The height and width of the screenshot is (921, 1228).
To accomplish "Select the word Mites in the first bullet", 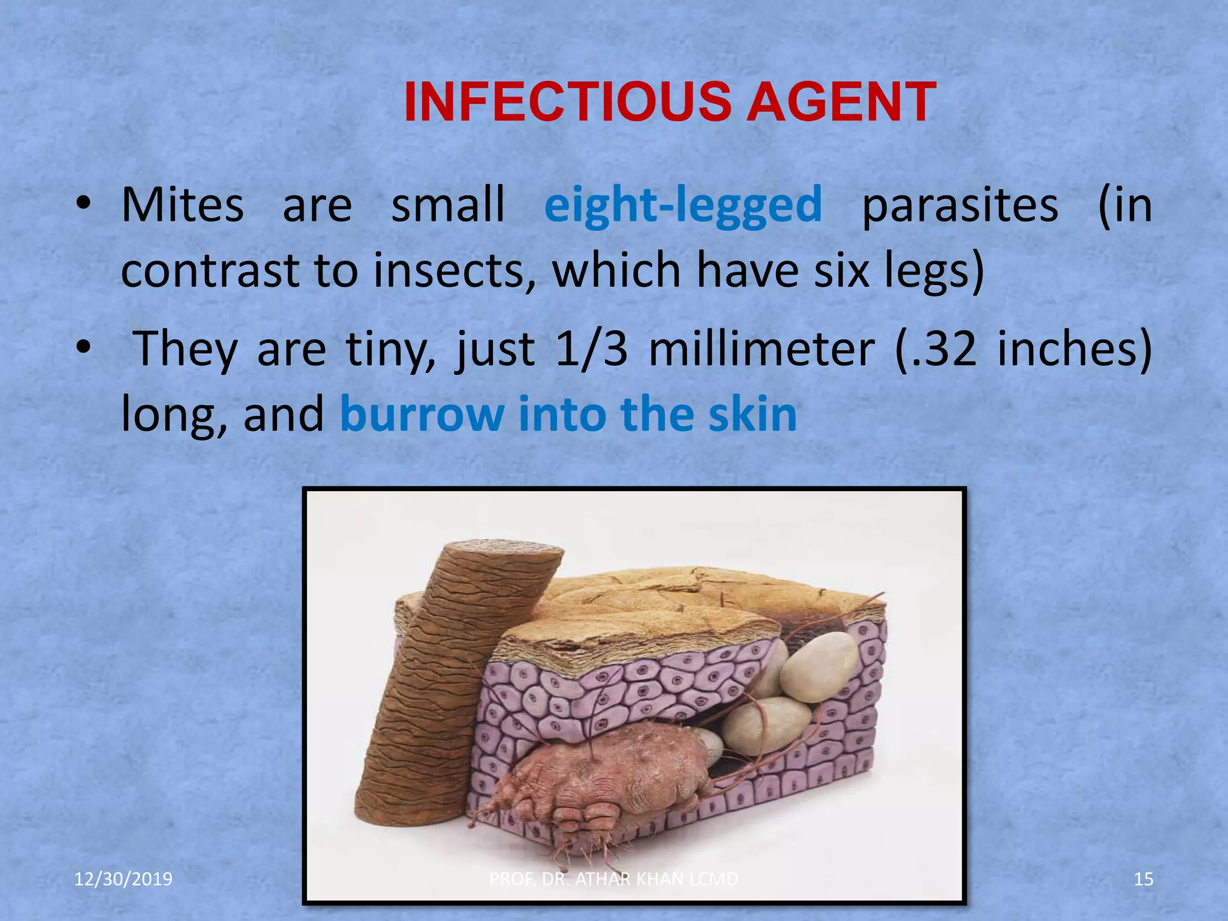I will (x=182, y=206).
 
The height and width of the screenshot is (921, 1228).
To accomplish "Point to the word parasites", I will (x=960, y=206).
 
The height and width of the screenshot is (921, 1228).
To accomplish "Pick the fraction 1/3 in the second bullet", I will (x=591, y=350).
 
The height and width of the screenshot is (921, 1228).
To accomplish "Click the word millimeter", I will (x=762, y=350).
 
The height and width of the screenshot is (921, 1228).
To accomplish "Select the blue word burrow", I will (x=422, y=414).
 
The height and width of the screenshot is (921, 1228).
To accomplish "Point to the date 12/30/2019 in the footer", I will (x=123, y=879).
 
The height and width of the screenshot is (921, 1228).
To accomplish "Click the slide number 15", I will (x=1143, y=879).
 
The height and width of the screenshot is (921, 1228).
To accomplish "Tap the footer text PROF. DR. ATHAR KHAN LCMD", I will (x=613, y=879).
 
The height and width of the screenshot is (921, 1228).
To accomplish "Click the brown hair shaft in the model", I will (x=444, y=678).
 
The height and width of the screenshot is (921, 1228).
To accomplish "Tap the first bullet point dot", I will (x=83, y=206).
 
